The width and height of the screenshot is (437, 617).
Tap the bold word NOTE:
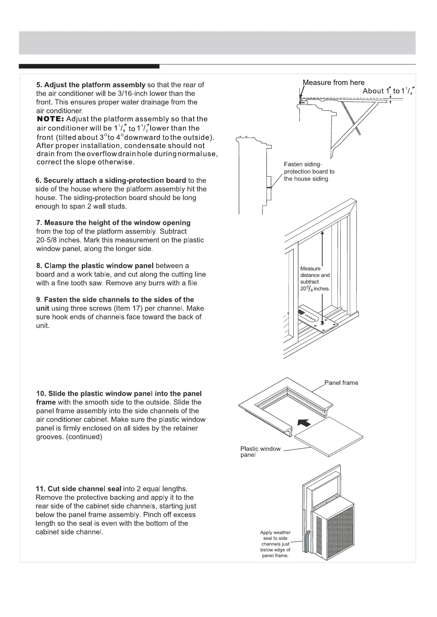(x=51, y=119)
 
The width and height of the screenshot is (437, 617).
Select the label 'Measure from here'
(x=334, y=82)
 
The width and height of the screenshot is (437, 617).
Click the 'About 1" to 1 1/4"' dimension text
(x=389, y=91)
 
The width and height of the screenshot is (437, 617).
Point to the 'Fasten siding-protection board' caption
(x=309, y=171)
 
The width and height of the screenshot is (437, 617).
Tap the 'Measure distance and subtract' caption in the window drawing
(x=315, y=278)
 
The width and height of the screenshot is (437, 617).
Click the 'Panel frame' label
(x=341, y=383)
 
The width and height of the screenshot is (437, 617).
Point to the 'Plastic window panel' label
(x=260, y=451)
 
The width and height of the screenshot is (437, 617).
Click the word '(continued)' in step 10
(x=84, y=437)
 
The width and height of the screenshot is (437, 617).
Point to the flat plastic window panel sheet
(x=329, y=436)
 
